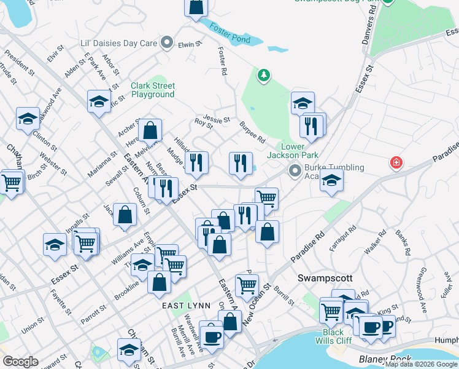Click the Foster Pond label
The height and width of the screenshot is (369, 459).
point(229,33)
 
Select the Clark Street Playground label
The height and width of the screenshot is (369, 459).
point(153,90)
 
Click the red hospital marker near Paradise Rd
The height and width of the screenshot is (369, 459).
point(396,163)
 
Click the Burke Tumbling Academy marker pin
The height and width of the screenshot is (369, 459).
point(296,169)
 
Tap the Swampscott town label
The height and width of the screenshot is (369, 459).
point(323,278)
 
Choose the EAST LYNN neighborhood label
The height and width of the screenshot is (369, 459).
point(182,306)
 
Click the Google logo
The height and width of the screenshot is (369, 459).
point(20,361)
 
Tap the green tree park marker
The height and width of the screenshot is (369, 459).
point(264,75)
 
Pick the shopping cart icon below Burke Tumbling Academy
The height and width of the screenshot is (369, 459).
point(266,198)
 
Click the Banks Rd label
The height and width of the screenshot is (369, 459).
point(403,242)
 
